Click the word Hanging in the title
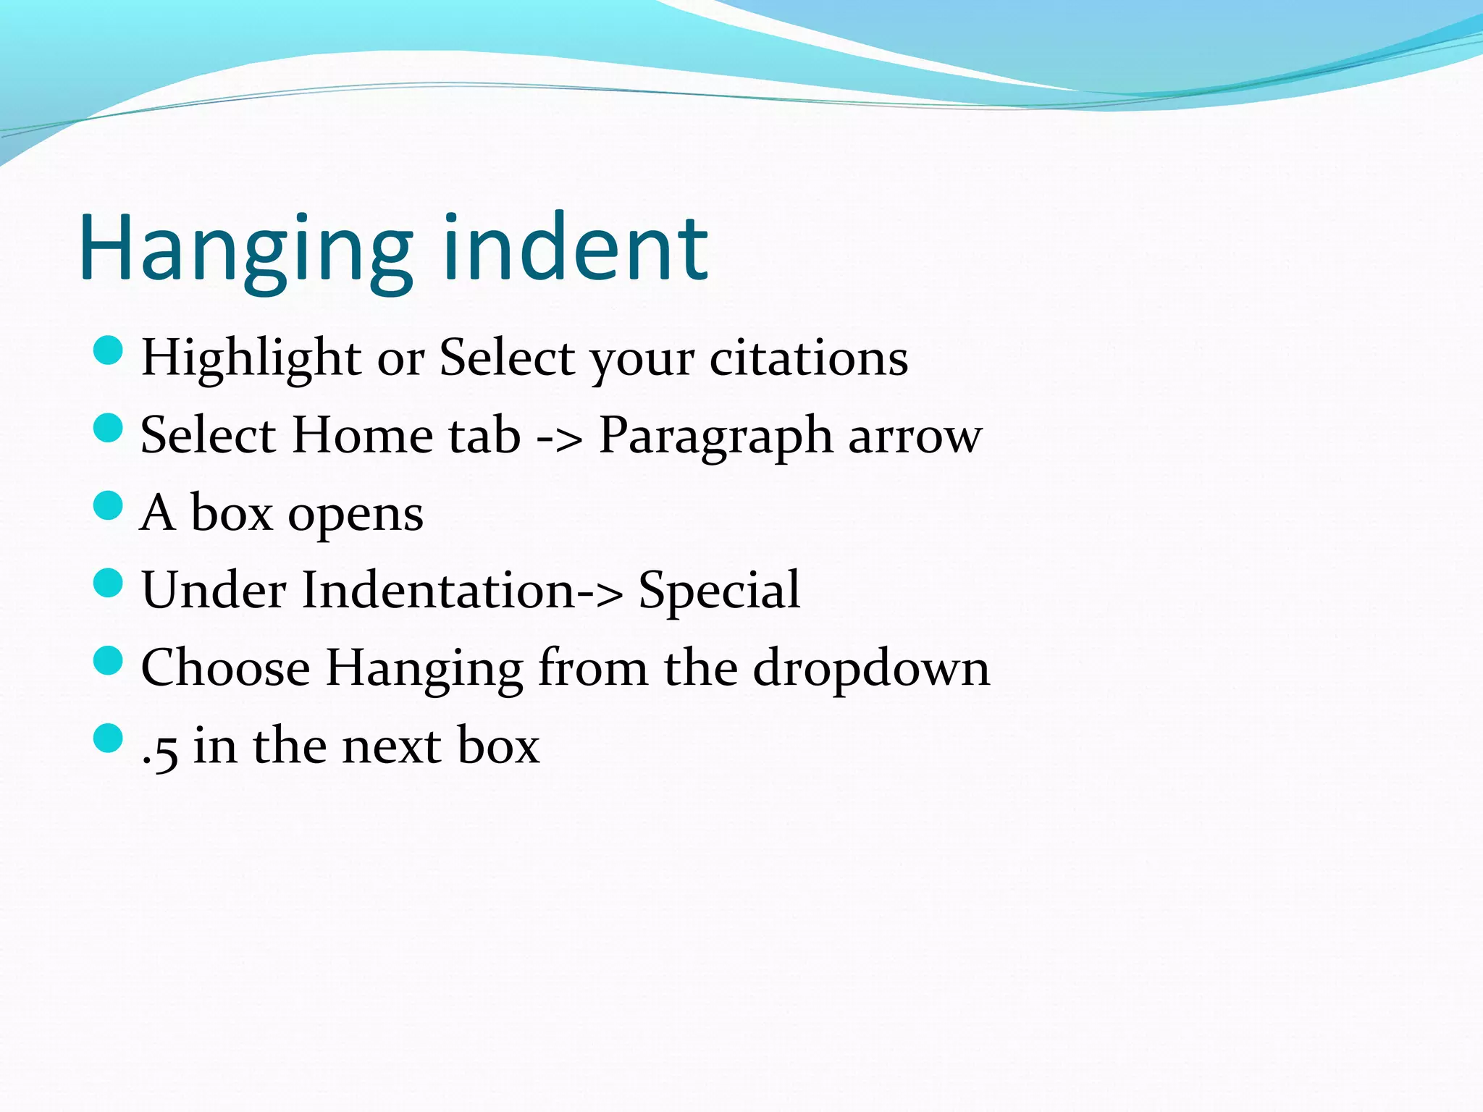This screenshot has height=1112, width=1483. tap(246, 250)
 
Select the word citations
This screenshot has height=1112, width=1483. tap(808, 358)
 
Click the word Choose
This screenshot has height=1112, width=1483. tap(225, 667)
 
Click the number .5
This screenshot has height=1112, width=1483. tap(160, 748)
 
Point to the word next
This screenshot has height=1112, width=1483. tap(391, 746)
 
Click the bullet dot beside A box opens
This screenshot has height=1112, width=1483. tap(109, 505)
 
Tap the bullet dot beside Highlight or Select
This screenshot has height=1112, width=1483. tap(109, 351)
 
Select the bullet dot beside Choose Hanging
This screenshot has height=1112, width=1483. tap(109, 660)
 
